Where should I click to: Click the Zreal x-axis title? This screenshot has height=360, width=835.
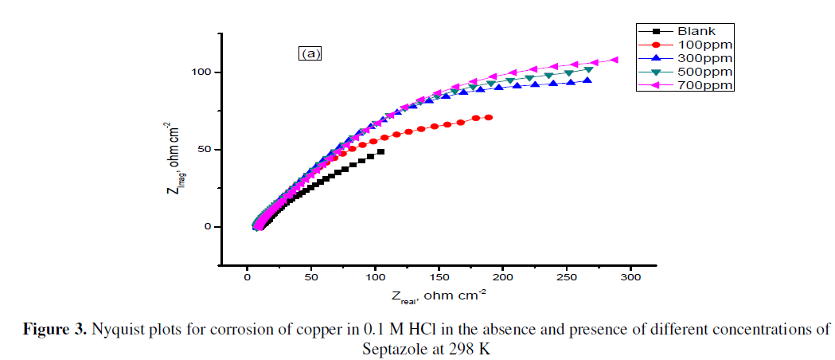[439, 296]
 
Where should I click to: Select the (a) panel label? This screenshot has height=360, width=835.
[310, 54]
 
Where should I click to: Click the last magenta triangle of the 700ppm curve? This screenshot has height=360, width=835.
[614, 60]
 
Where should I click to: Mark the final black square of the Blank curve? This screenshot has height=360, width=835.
[381, 151]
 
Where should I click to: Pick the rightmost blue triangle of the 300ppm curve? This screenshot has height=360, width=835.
[587, 80]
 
